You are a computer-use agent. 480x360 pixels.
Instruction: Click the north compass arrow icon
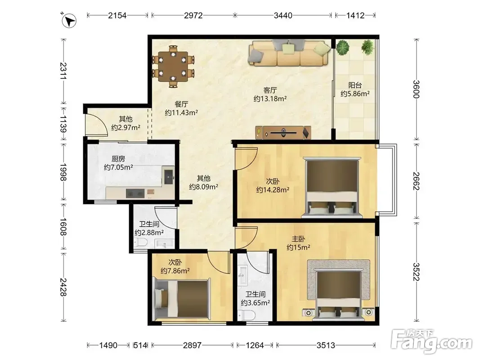pos(69,21)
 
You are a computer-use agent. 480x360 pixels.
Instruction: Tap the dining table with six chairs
pos(173,67)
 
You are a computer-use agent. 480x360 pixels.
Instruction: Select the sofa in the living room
pos(290,53)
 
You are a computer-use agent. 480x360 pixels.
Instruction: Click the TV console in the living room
pos(283,133)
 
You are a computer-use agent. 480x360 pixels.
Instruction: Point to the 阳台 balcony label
pos(355,85)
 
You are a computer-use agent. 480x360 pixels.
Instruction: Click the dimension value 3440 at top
pos(283,15)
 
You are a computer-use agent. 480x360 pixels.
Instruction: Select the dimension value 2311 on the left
pos(63,71)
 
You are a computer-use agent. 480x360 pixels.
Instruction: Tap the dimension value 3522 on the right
pos(416,271)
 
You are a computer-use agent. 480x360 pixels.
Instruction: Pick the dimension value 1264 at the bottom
pos(255,345)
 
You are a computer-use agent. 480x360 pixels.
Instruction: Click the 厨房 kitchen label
pos(118,159)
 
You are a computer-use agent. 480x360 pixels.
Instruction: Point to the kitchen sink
pos(169,175)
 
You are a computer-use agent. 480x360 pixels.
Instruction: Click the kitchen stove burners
pos(135,193)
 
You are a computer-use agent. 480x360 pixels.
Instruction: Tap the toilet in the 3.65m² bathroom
pos(247,315)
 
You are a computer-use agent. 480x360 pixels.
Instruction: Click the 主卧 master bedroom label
pos(298,239)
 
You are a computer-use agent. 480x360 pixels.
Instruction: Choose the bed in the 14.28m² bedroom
pos(332,187)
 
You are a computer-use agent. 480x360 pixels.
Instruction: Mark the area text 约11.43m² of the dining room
pos(182,112)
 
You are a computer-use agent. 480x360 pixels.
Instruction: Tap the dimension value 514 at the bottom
pos(140,345)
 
